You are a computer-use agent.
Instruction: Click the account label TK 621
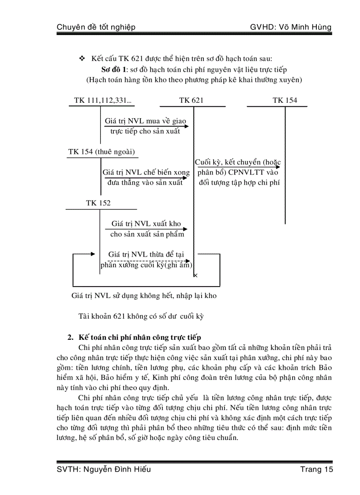[191, 100]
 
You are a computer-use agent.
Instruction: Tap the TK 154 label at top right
[285, 100]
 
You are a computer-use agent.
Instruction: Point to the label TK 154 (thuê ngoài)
[101, 152]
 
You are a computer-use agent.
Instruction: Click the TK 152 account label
[98, 203]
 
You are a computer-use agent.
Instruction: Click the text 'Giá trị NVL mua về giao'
[146, 120]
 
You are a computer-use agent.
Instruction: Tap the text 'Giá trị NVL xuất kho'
[146, 223]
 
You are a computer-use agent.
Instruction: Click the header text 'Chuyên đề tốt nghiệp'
[96, 27]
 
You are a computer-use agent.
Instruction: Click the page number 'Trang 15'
[316, 469]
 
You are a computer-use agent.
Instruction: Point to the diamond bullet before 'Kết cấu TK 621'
[81, 59]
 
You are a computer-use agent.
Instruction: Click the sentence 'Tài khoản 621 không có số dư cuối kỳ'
[141, 316]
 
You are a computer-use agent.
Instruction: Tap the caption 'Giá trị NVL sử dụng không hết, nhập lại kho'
[144, 296]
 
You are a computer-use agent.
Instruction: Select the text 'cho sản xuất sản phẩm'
[147, 234]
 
